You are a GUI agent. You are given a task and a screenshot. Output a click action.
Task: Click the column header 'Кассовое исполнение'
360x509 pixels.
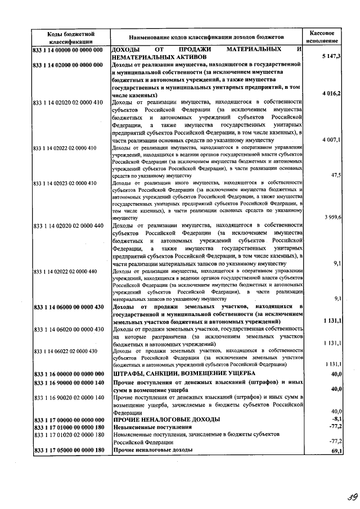(x=323, y=37)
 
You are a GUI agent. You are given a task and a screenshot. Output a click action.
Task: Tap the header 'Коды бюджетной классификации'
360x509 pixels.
(x=70, y=37)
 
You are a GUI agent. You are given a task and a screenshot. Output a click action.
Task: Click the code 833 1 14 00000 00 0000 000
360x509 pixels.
(x=69, y=49)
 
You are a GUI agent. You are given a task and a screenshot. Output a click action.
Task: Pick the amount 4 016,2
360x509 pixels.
(x=331, y=94)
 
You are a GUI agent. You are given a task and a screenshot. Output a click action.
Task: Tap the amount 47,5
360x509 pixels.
(x=336, y=175)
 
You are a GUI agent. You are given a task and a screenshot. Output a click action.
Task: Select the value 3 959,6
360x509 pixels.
(x=331, y=217)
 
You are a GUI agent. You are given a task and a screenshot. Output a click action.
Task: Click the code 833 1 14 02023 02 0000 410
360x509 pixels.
(x=65, y=183)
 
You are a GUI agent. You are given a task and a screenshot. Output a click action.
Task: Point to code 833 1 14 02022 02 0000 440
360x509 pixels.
(x=65, y=272)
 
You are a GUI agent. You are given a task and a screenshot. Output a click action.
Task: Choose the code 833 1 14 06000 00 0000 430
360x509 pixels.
(x=69, y=307)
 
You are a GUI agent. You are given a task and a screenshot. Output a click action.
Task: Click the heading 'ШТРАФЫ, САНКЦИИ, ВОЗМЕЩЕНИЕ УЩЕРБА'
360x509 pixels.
(x=184, y=373)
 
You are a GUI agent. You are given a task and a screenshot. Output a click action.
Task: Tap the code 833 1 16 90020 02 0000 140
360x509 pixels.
(x=69, y=398)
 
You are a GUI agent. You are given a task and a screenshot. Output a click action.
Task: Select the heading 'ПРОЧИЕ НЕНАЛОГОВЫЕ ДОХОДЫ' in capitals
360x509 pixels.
(x=166, y=420)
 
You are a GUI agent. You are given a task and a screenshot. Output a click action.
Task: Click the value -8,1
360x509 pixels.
(x=337, y=420)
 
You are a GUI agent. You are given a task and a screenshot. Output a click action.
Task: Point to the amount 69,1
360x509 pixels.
(x=336, y=451)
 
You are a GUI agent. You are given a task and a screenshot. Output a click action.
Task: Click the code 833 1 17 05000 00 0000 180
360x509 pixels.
(x=69, y=451)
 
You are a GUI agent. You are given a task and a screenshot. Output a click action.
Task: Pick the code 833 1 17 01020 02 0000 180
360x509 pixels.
(x=69, y=435)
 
